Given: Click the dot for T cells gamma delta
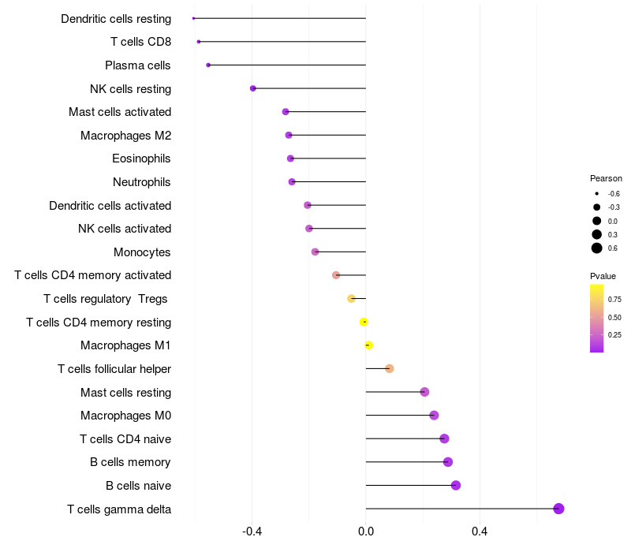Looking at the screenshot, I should [x=558, y=509].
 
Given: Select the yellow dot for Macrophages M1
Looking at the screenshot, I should [x=368, y=345].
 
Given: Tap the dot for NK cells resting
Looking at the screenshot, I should [x=252, y=88].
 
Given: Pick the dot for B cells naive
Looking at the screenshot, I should [x=455, y=485].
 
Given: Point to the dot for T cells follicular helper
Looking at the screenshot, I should [x=389, y=368].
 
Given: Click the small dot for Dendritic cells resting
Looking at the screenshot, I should [x=193, y=18].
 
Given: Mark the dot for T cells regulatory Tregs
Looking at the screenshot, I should [x=351, y=298].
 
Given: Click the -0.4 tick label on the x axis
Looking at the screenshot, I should [x=252, y=531].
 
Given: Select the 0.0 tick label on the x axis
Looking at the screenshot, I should [x=366, y=531].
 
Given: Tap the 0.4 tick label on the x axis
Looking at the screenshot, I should [x=480, y=531].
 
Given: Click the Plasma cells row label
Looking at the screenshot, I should [x=138, y=65].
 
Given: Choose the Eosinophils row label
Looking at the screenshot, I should [x=141, y=159].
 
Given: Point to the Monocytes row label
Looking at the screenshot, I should [x=142, y=252].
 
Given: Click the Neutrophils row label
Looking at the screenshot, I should [x=142, y=182].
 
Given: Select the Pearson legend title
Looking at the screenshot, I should [x=606, y=178].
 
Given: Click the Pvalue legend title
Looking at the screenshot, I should [x=603, y=276].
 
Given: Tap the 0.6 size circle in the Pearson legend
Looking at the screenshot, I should [x=597, y=248].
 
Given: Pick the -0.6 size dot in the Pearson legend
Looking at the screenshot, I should [x=597, y=193].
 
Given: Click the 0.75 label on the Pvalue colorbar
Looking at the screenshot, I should [x=614, y=300].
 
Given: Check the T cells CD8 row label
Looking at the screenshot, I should [x=140, y=42].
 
